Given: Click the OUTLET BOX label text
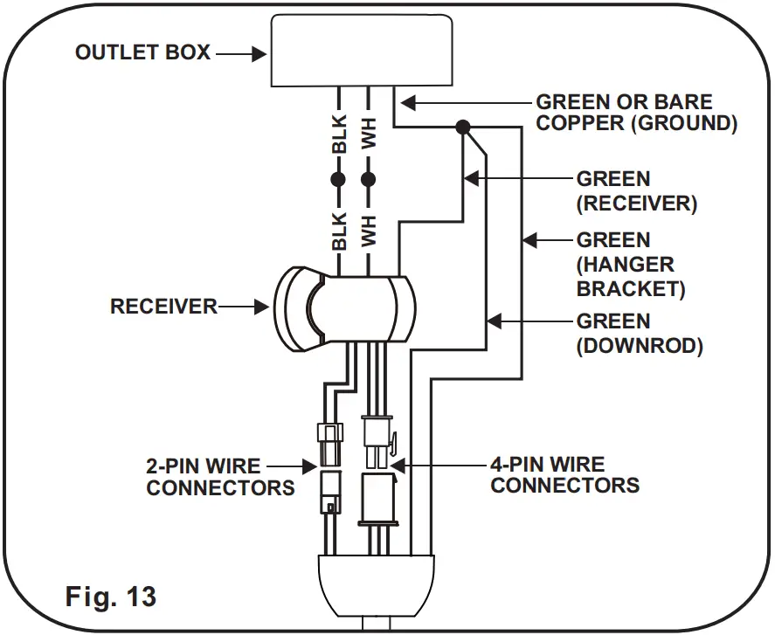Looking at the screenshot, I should tap(142, 52).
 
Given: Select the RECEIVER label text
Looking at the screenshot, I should tap(163, 307).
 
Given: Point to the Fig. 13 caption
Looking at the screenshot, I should tap(111, 597).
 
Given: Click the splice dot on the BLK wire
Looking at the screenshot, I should tap(338, 180).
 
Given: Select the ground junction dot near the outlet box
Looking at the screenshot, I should tap(464, 128).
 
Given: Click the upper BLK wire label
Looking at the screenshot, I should tap(339, 135).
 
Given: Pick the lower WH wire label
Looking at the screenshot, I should tap(369, 230).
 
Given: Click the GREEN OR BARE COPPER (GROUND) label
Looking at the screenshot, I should tap(636, 113).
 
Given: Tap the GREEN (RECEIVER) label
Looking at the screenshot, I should tap(636, 191).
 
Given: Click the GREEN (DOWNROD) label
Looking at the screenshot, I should tap(640, 334).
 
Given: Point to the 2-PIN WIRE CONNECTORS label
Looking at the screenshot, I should tap(220, 476).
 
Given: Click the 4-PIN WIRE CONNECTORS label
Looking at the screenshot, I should tap(564, 474).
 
